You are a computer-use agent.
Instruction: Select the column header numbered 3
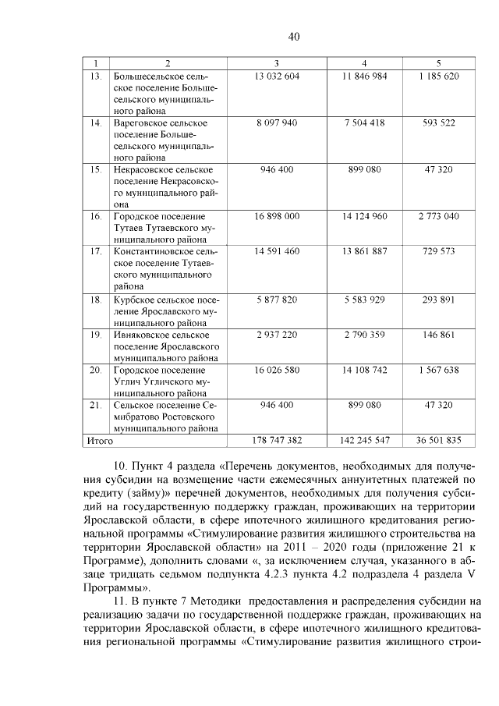point(277,62)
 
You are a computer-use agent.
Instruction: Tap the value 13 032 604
point(277,76)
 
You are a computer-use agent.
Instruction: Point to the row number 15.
point(97,169)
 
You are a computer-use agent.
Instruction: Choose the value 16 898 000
point(277,215)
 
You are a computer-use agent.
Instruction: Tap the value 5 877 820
point(277,299)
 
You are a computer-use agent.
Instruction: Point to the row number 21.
point(97,405)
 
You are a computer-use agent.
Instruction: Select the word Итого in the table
point(100,441)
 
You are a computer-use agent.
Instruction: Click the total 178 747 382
point(277,441)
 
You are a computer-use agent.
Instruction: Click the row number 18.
point(97,299)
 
